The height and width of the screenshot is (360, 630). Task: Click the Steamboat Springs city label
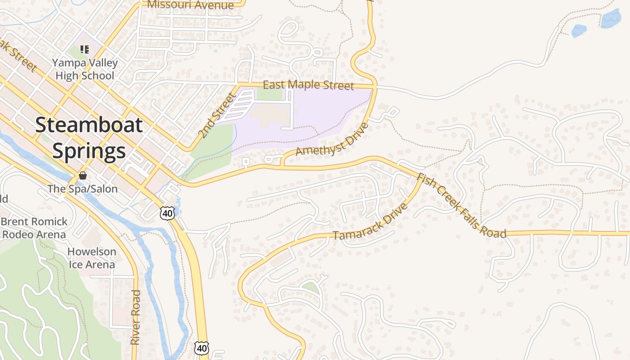click(89, 138)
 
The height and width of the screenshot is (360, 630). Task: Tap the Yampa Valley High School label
click(85, 69)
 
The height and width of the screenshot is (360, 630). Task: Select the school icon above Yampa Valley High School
click(84, 49)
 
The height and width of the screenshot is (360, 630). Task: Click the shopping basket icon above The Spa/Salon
click(83, 175)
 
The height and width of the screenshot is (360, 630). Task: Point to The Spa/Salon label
click(83, 189)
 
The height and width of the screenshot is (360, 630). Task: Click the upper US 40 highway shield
click(167, 213)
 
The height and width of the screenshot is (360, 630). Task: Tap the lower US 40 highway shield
click(202, 347)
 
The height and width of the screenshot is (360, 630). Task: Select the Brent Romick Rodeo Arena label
click(34, 228)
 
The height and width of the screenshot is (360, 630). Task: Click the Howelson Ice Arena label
click(92, 258)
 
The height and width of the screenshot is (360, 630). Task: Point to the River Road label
click(135, 318)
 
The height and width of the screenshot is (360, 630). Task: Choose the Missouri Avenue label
click(191, 5)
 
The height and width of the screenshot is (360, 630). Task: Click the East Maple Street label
click(308, 85)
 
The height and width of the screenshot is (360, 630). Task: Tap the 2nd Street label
click(217, 115)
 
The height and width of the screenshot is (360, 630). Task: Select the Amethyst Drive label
click(332, 139)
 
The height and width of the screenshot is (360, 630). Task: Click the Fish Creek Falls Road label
click(461, 206)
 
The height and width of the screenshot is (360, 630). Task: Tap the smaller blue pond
click(579, 31)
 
